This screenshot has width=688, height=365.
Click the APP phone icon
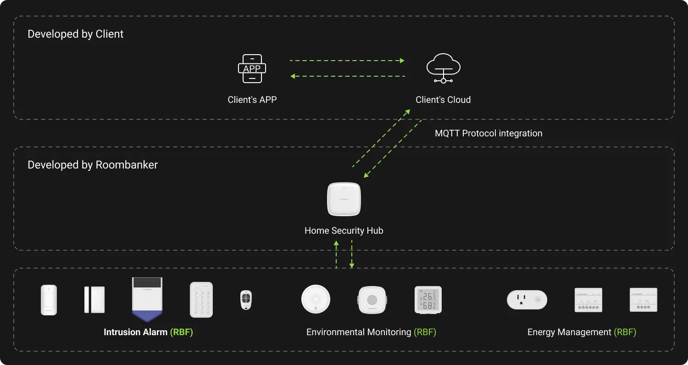click(252, 69)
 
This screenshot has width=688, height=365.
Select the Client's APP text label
click(252, 100)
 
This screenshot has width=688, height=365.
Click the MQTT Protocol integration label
click(488, 134)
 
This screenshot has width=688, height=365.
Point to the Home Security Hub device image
click(344, 199)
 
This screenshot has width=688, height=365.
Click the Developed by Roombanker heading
click(93, 165)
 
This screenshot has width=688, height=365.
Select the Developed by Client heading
click(75, 34)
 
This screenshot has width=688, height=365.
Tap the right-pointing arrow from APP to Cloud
click(347, 61)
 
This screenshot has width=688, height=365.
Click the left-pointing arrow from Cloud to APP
click(348, 76)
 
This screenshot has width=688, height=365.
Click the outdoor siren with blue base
click(147, 299)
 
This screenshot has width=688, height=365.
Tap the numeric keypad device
click(201, 299)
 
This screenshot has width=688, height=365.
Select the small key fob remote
click(246, 300)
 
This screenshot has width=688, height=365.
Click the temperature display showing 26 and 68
click(428, 300)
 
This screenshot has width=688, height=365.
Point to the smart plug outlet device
click(527, 300)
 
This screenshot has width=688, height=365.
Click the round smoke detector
click(316, 299)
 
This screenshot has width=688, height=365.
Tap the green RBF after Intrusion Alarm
click(181, 332)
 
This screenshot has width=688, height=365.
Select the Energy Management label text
click(569, 332)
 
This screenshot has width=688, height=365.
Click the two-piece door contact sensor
click(94, 300)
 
